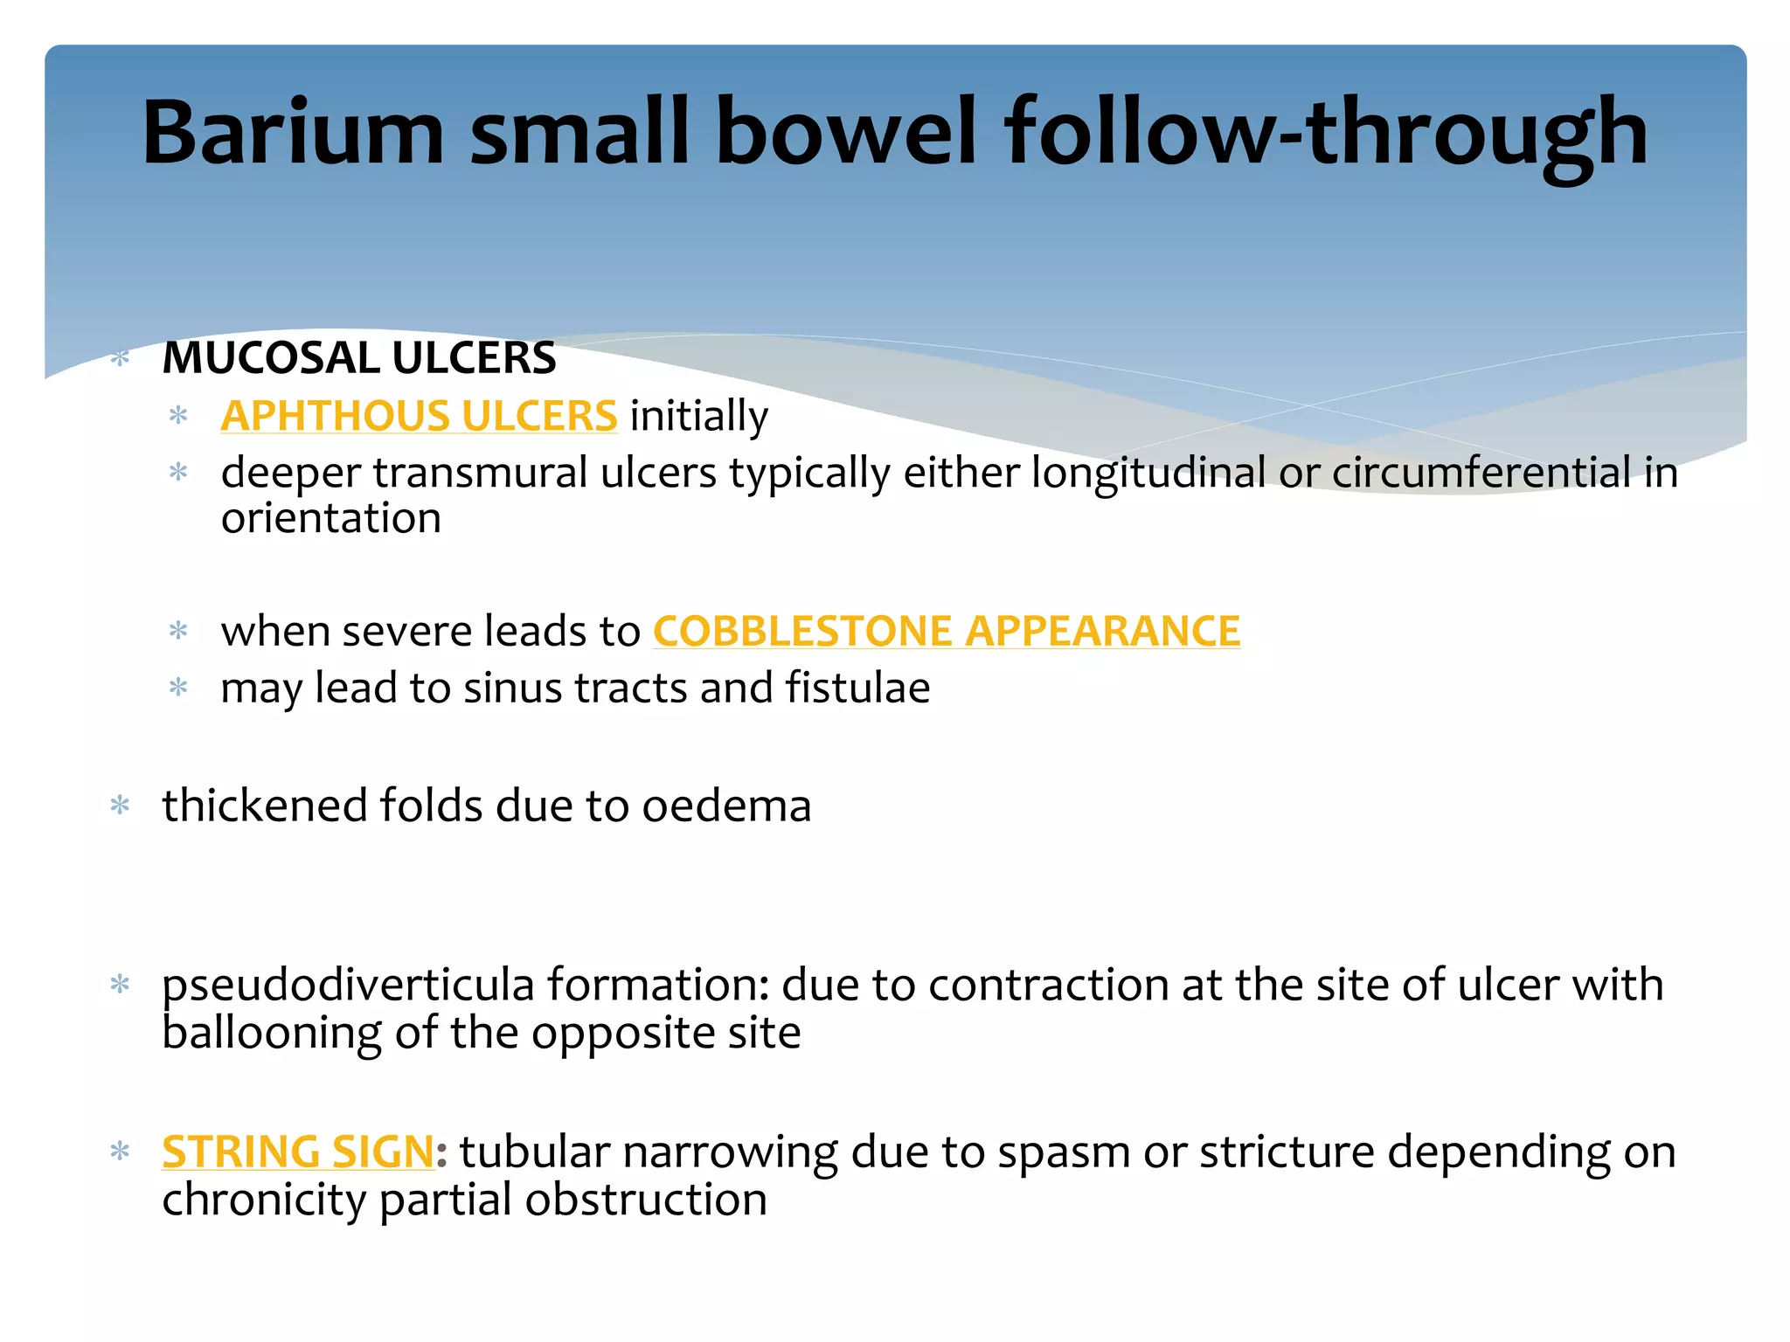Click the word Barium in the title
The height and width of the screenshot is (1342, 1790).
[293, 133]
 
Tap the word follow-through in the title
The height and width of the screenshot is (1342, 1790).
[1326, 133]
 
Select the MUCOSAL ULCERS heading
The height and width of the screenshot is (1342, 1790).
[359, 358]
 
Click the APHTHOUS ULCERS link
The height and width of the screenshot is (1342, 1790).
[419, 416]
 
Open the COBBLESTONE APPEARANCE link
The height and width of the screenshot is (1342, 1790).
[947, 631]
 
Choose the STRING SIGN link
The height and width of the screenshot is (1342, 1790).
[298, 1152]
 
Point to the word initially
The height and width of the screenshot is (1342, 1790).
[698, 416]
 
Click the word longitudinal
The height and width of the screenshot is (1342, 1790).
[1148, 473]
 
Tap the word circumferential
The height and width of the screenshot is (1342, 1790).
[1481, 473]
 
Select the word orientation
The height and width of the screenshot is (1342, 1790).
[330, 519]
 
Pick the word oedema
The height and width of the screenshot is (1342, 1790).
[726, 806]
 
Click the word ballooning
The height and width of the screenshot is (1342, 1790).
[272, 1034]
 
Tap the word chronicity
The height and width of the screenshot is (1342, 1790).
[264, 1200]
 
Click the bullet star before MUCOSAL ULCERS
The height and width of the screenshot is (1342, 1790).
[121, 357]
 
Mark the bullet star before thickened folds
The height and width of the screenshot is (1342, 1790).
[121, 805]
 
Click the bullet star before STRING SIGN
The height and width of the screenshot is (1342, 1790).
[121, 1151]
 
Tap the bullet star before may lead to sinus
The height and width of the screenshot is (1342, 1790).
[178, 688]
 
